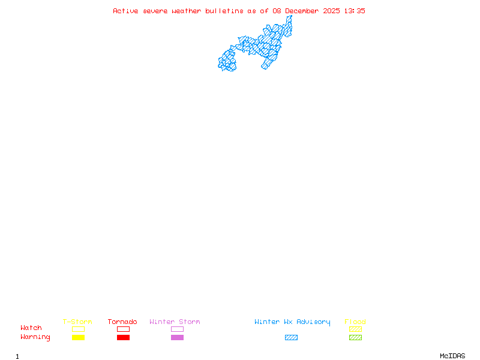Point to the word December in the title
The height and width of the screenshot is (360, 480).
tap(303, 11)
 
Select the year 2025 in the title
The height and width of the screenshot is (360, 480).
tap(331, 11)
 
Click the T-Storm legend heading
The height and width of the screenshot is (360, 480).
tap(77, 322)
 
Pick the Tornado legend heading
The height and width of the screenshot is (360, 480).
tap(122, 322)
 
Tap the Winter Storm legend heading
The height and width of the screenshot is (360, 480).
tap(175, 322)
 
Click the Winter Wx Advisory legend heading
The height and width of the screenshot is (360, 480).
tap(292, 322)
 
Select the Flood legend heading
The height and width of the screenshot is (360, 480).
tap(355, 322)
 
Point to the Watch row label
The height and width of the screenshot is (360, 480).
tap(31, 328)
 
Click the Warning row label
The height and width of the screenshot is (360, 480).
tap(35, 337)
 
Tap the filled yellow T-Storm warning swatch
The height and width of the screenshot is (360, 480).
tap(78, 338)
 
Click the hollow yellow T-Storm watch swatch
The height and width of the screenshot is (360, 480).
tap(78, 329)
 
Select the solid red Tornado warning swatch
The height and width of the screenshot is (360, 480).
tap(123, 338)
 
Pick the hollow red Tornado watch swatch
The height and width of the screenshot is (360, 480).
tap(123, 329)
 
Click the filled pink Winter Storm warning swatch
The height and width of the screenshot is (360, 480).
tap(177, 338)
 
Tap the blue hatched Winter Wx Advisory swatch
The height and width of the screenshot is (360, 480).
tap(291, 338)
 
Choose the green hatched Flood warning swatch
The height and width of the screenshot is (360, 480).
tap(355, 338)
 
